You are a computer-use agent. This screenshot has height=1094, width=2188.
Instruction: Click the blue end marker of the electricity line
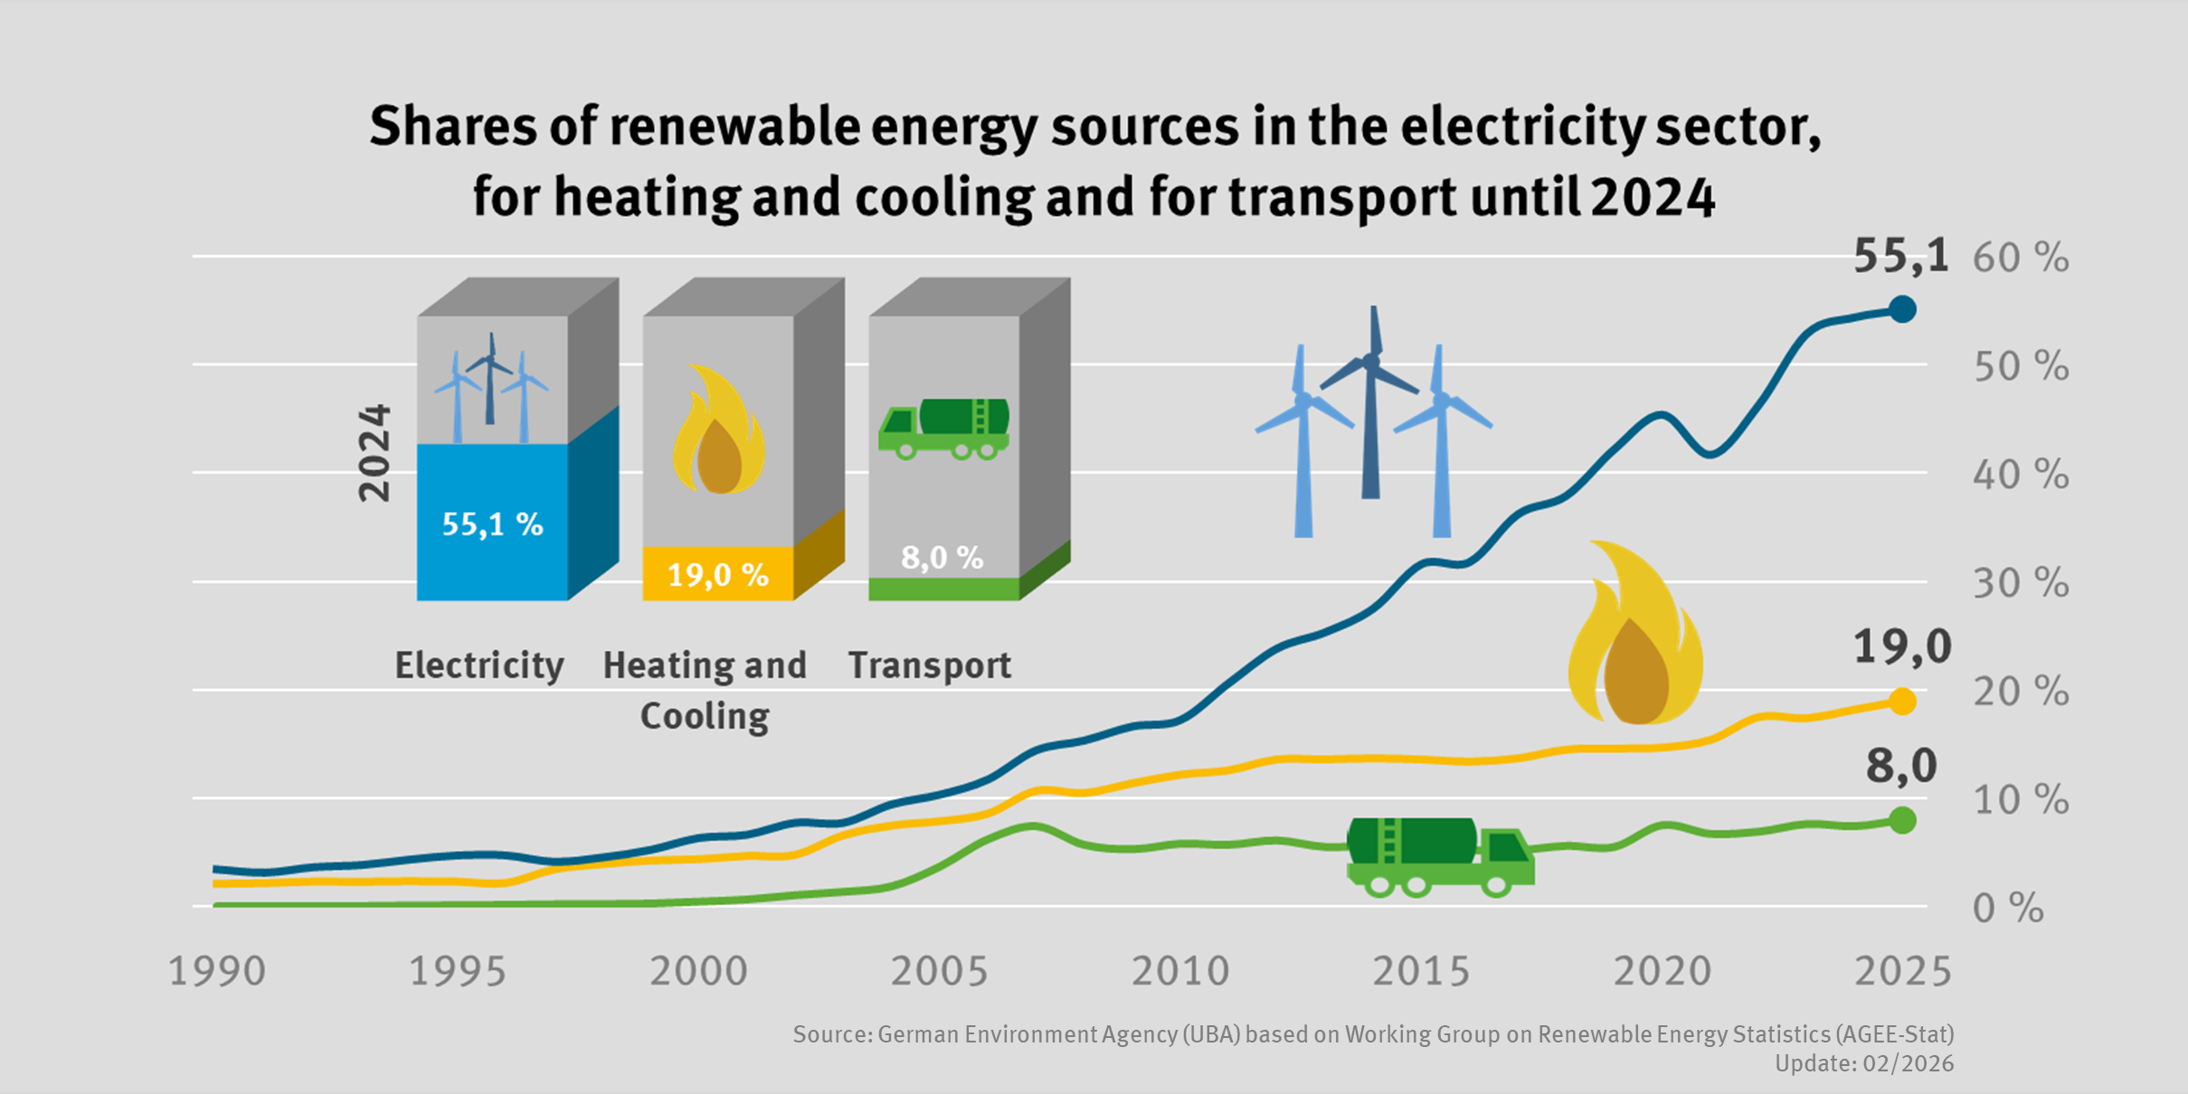tap(1902, 309)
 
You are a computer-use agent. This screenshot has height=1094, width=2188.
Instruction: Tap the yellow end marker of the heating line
tap(1902, 702)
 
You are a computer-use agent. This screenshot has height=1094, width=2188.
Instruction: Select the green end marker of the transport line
tap(1902, 820)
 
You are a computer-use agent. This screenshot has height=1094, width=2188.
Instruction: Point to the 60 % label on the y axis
tap(2020, 259)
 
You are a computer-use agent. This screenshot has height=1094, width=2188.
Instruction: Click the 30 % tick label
tap(2020, 584)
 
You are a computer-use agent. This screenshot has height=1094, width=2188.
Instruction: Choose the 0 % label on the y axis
tap(2007, 909)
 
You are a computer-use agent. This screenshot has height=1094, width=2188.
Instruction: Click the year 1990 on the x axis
tap(218, 972)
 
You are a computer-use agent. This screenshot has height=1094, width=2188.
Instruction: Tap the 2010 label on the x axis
tap(1180, 972)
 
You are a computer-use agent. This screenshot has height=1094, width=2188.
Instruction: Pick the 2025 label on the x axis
tap(1903, 972)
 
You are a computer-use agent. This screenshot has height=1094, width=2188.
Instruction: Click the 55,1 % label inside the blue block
tap(492, 524)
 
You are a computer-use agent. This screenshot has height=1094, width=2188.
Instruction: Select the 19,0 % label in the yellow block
tap(717, 575)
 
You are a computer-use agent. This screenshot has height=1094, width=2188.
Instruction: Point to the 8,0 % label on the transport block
tap(942, 558)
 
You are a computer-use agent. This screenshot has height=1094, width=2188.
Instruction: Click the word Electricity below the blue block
tap(479, 665)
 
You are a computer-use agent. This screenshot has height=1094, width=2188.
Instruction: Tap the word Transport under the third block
tap(929, 665)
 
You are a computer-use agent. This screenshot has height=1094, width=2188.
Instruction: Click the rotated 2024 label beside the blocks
tap(374, 452)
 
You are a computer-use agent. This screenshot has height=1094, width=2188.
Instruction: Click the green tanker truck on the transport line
tap(1438, 856)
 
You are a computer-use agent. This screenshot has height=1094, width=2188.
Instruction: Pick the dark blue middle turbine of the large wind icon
tap(1371, 407)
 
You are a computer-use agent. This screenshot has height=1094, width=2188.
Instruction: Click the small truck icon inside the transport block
tap(943, 429)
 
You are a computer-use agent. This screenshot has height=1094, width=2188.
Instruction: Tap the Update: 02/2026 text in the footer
tap(1863, 1063)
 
